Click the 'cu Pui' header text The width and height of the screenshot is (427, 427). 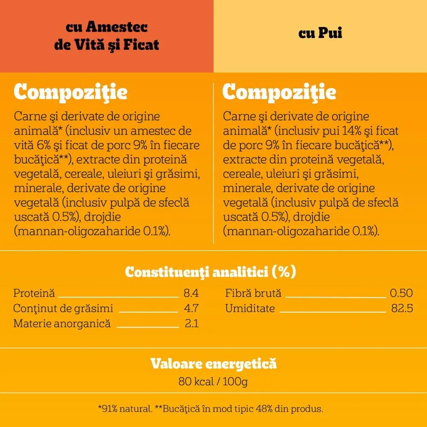pos(320,33)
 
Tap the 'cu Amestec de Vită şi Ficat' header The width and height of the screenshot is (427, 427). pos(107,36)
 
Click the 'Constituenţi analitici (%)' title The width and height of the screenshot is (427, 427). pos(211,272)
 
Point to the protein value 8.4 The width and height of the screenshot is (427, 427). pos(191,293)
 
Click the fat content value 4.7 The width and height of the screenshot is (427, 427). pos(191,308)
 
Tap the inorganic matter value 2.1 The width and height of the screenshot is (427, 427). pos(192,323)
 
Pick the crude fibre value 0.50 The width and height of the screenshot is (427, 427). pos(401,293)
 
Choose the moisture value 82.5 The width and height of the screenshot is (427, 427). pos(402,308)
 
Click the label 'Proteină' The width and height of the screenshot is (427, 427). pos(34,293)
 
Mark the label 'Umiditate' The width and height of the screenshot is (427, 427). pos(250,308)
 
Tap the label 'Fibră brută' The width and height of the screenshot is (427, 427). pos(253,293)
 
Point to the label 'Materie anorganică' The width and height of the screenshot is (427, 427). pos(62,323)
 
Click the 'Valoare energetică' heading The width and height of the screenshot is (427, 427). pos(213,364)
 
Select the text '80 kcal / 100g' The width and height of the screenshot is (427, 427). pos(213,381)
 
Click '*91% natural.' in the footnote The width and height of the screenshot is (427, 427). pos(125,409)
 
